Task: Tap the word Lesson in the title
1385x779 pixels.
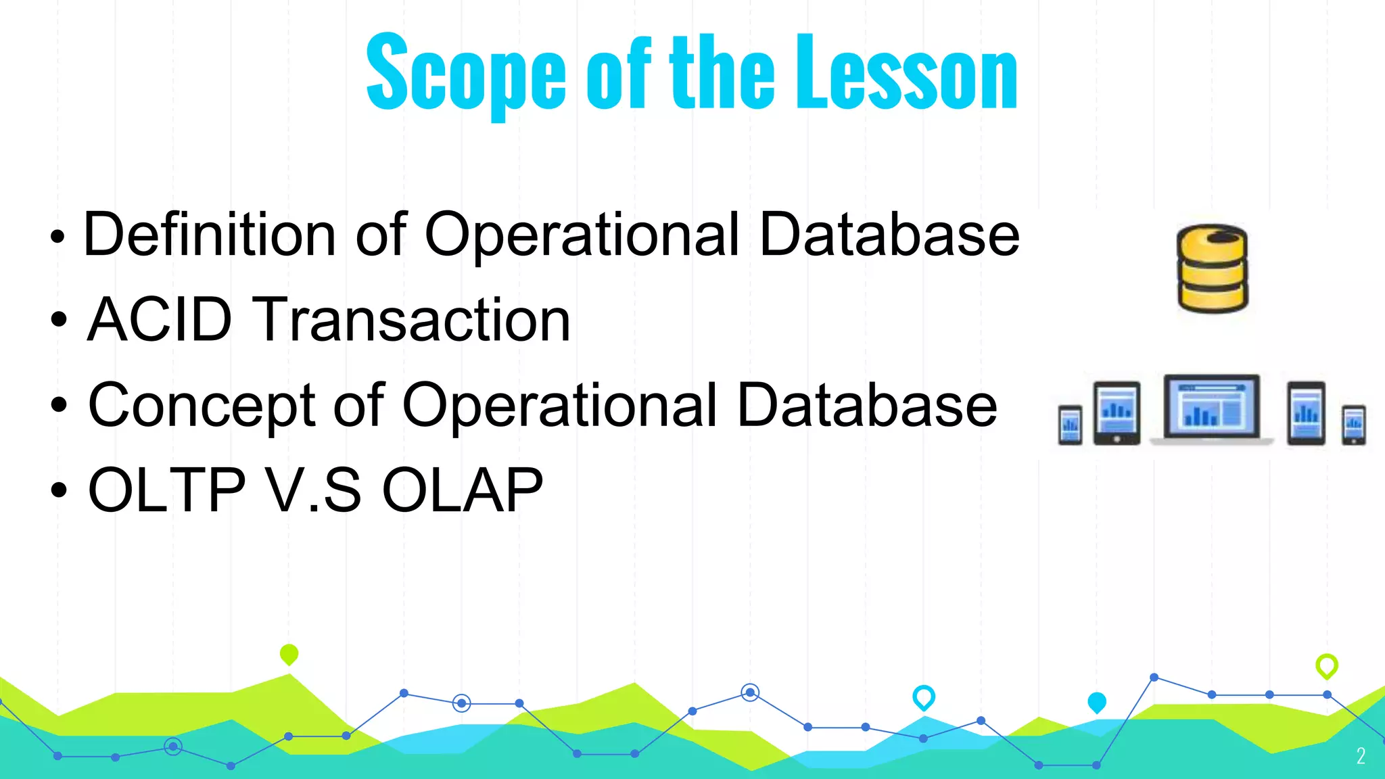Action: point(906,73)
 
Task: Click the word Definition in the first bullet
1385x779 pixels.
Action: point(209,235)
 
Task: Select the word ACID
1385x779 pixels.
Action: point(160,320)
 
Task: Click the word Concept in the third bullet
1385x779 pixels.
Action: point(202,406)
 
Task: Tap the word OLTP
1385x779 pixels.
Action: point(166,490)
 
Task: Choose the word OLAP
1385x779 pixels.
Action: point(462,490)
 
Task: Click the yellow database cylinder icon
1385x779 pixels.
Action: point(1212,268)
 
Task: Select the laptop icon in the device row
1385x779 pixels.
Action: point(1212,410)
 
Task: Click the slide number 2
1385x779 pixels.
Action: point(1361,756)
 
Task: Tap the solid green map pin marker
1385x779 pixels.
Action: point(289,654)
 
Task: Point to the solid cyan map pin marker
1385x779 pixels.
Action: point(1096,702)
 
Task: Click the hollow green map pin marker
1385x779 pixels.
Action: point(1326,665)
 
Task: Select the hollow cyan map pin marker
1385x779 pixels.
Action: point(923,697)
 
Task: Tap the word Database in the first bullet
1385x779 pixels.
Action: point(889,235)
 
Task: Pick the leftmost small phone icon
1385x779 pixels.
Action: point(1070,425)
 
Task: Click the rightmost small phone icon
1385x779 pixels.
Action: point(1353,425)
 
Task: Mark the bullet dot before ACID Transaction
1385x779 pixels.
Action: point(59,320)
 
